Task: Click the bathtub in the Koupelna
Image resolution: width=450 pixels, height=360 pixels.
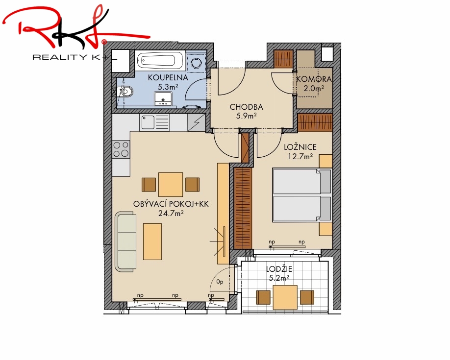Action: click(160, 61)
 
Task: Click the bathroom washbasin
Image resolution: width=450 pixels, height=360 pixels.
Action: click(163, 98)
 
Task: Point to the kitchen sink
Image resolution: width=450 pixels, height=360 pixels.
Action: click(154, 122)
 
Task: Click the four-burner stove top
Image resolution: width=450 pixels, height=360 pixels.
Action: click(121, 149)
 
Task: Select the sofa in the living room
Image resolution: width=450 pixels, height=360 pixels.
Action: click(125, 241)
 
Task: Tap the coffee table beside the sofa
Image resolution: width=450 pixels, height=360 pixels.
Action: click(152, 241)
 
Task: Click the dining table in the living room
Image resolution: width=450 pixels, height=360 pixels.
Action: click(171, 185)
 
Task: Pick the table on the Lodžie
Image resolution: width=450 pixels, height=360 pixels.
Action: click(285, 297)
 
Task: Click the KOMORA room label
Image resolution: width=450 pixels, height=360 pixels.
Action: click(314, 79)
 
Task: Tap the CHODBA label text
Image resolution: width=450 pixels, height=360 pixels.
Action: click(246, 107)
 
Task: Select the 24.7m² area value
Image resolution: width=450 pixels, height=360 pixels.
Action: click(171, 213)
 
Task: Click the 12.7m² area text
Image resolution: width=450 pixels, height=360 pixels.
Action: click(300, 156)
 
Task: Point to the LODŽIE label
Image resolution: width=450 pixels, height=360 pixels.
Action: click(279, 269)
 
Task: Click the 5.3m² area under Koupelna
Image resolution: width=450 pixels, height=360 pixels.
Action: click(168, 86)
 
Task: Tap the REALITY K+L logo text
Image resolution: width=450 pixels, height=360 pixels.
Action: click(75, 57)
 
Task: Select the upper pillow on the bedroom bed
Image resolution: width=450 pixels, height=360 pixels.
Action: click(325, 181)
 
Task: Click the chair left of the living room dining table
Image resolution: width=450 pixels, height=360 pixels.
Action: click(149, 185)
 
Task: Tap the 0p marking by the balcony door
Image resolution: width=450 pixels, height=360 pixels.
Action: click(220, 282)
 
